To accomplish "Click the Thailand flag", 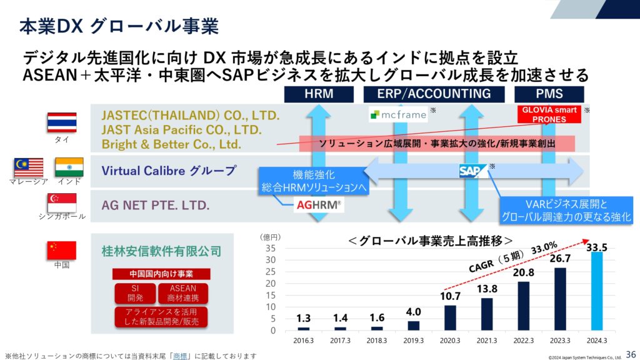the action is pos(62,122).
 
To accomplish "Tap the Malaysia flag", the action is pos(29,167).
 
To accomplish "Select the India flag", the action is pos(69,167).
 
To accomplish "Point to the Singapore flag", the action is pos(62,202).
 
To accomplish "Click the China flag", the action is pos(62,250).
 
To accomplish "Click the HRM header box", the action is pos(319,94).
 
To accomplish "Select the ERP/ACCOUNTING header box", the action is pos(434,94).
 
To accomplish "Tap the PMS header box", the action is pos(549,94).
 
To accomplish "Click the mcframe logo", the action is pos(398,115).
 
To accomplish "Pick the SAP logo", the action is pos(472,171).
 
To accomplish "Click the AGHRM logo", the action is pos(319,204).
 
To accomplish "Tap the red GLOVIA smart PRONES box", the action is pos(549,114).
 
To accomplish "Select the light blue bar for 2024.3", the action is pos(597,291).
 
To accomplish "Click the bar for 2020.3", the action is pos(450,317).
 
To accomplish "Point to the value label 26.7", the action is pos(560,258).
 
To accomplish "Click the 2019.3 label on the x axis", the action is pos(414,341).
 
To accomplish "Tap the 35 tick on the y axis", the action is pos(271,248).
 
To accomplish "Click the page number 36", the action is pos(631,354).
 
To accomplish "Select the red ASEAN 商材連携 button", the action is pos(183,293).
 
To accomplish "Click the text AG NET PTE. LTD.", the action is pos(156,205).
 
